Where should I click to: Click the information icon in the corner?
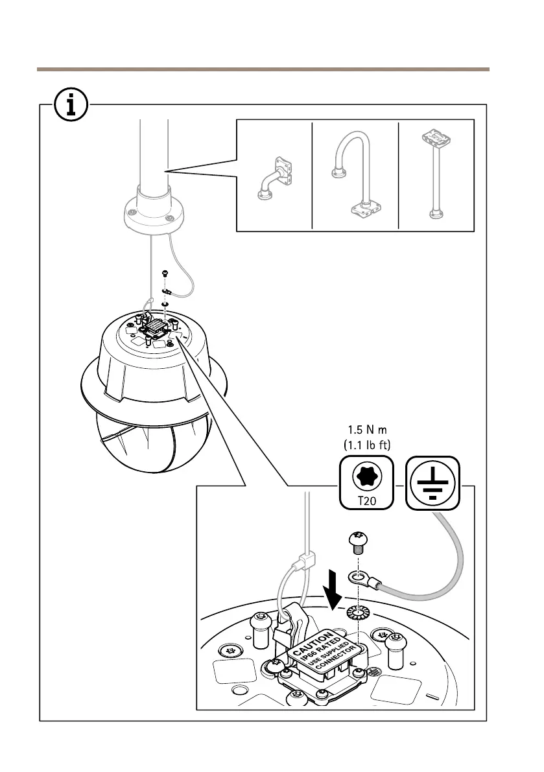71,105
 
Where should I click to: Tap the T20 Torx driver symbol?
367,482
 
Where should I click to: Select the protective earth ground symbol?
432,482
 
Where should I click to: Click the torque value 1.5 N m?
367,430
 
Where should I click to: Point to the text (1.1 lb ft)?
367,445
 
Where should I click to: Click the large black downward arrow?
335,589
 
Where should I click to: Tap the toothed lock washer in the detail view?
358,613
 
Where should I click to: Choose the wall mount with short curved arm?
275,178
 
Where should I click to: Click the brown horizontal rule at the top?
263,69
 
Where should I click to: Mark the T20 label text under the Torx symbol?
367,501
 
